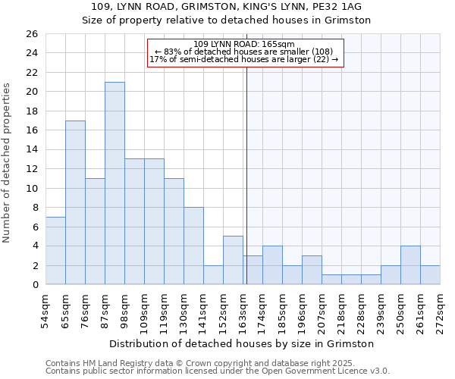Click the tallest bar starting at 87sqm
pyautogui.click(x=115, y=183)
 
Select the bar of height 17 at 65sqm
pyautogui.click(x=75, y=202)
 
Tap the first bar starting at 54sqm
pyautogui.click(x=55, y=251)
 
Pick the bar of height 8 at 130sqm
pyautogui.click(x=193, y=246)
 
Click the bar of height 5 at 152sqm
pyautogui.click(x=233, y=260)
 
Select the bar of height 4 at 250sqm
pyautogui.click(x=410, y=265)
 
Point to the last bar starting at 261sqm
pyautogui.click(x=430, y=275)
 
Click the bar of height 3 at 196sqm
pyautogui.click(x=312, y=270)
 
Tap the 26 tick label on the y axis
pyautogui.click(x=31, y=34)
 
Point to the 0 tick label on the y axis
pyautogui.click(x=34, y=285)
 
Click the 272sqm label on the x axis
pyautogui.click(x=441, y=309)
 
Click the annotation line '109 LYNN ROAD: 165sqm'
pyautogui.click(x=244, y=44)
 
